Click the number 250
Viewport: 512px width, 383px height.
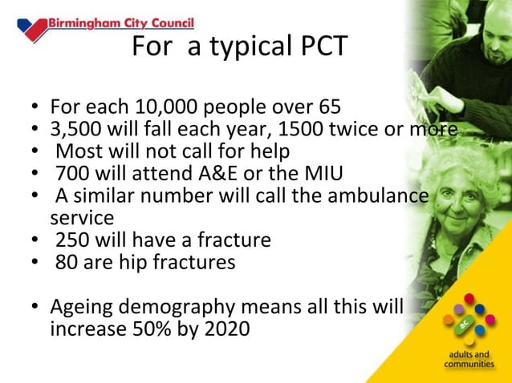coord(71,240)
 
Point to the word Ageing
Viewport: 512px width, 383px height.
coord(85,307)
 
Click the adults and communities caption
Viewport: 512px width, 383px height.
coord(469,359)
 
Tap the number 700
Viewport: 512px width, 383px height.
coord(71,173)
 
